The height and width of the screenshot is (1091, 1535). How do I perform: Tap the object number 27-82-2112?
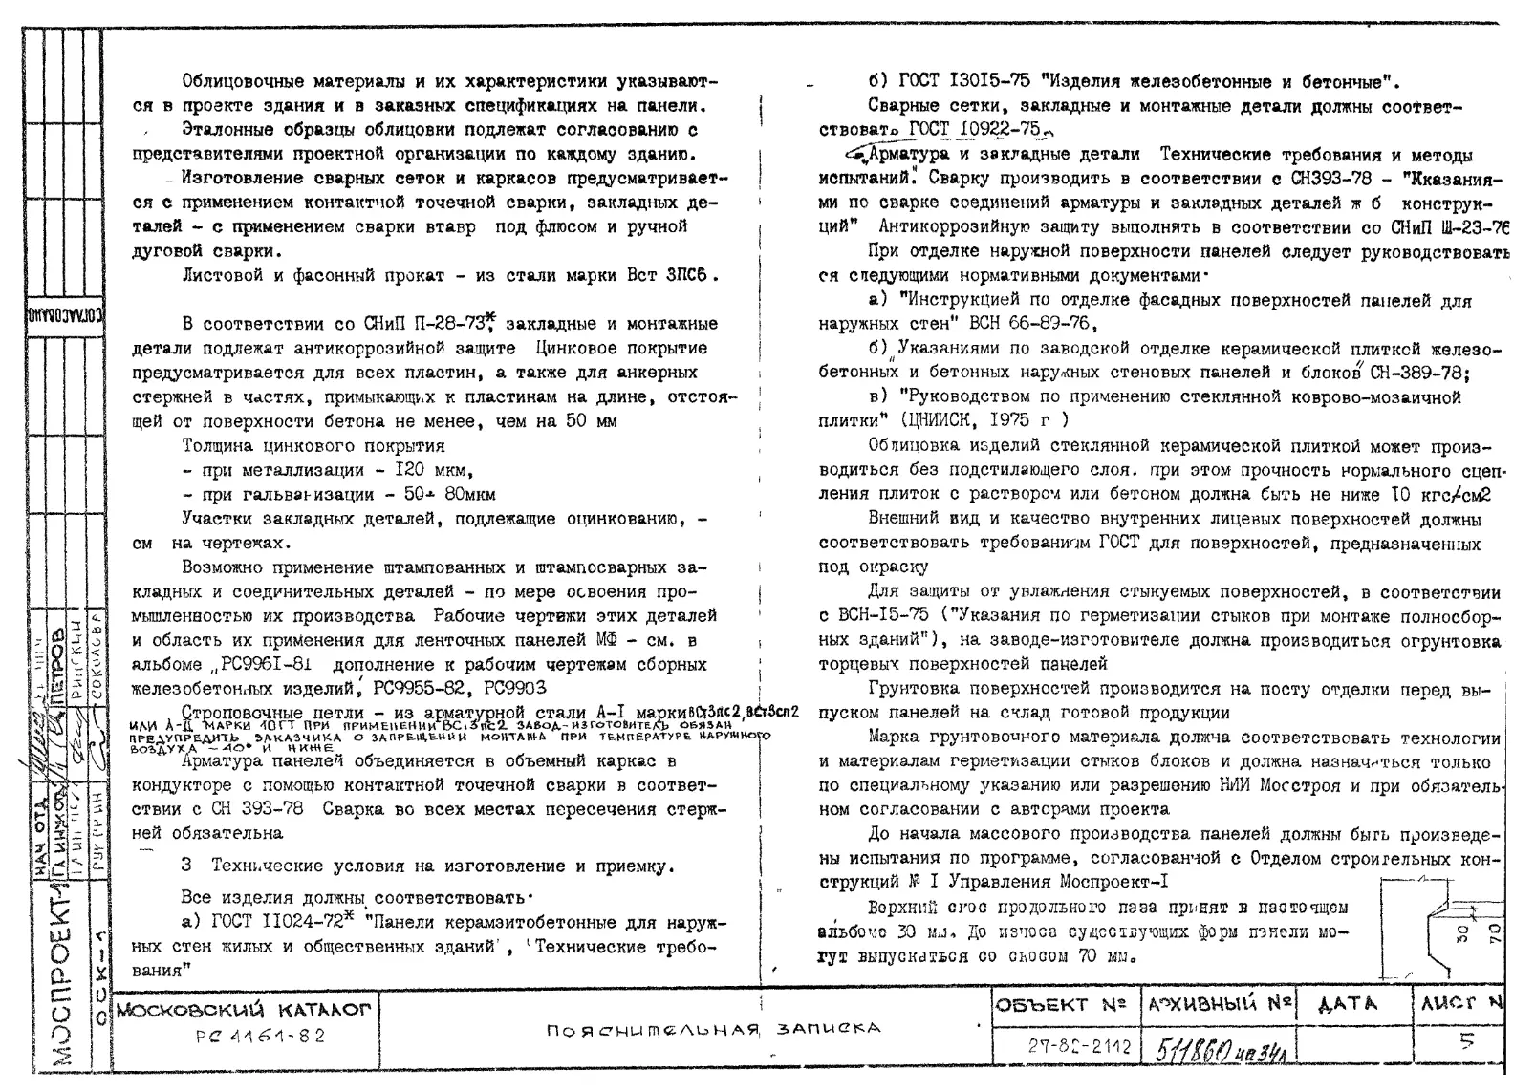(1066, 1046)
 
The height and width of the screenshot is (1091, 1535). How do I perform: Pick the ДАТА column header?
(1348, 1004)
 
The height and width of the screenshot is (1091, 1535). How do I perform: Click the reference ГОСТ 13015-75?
(956, 80)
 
